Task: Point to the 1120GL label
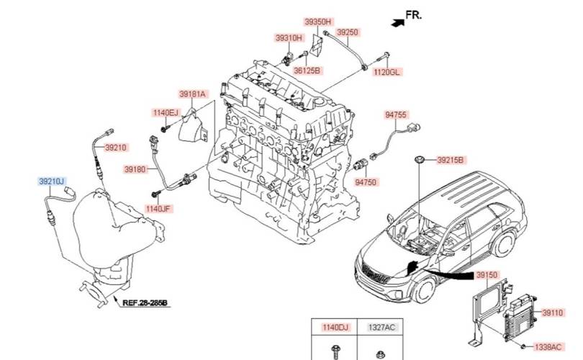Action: (x=386, y=72)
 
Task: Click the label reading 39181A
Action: (x=193, y=94)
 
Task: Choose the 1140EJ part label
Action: (x=165, y=113)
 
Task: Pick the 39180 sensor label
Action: (x=135, y=169)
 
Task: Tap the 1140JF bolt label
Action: (x=158, y=209)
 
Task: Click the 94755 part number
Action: (x=396, y=114)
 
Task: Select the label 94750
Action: (x=366, y=183)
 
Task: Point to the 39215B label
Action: (x=451, y=160)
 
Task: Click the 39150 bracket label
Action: (x=487, y=276)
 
